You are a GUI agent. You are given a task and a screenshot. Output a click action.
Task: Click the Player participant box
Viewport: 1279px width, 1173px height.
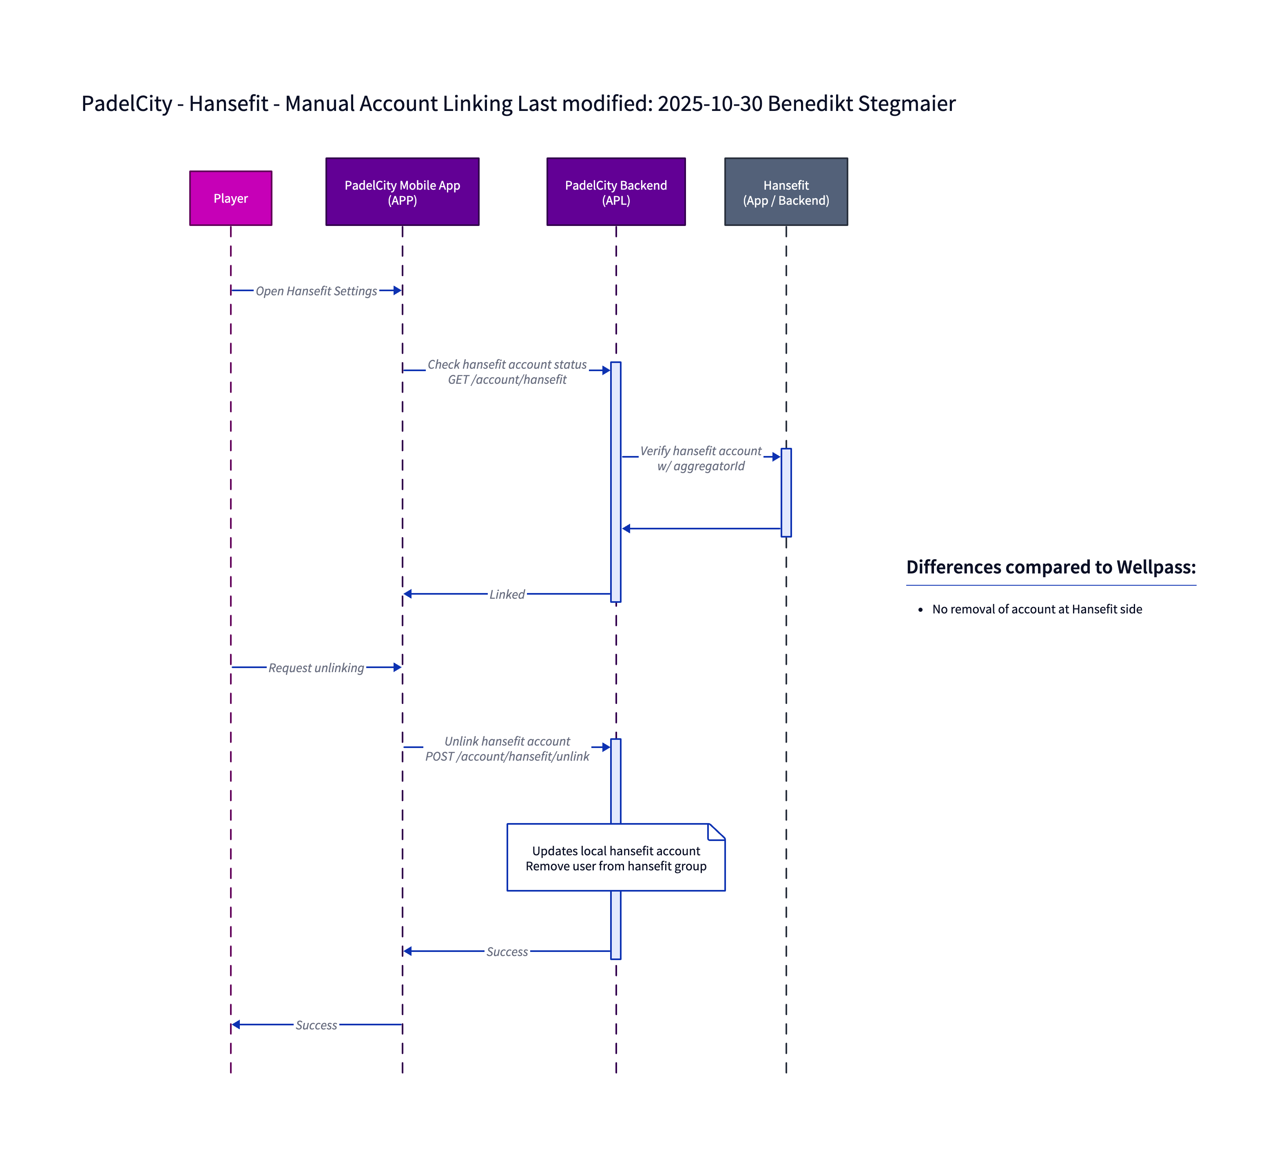pos(230,198)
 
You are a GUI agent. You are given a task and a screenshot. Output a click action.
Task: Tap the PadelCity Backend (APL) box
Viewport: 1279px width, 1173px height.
pos(616,192)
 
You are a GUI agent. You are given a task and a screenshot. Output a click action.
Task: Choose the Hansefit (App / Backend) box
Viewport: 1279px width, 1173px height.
pos(786,192)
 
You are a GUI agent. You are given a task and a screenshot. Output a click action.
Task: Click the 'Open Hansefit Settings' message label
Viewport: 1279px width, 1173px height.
pos(316,291)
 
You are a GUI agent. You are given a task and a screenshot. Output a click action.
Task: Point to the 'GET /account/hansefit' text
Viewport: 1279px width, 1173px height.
pos(507,380)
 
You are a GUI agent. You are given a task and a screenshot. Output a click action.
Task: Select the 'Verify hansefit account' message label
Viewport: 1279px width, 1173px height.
pos(700,451)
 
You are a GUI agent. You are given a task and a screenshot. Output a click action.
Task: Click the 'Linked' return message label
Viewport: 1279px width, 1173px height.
pos(507,594)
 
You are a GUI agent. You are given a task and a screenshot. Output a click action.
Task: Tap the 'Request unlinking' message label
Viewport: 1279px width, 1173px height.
pos(316,668)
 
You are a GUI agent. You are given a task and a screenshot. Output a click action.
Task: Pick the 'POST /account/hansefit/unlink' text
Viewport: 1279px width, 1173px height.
pos(507,757)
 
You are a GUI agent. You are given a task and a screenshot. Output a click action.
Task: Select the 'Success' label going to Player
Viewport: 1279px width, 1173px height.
pos(316,1025)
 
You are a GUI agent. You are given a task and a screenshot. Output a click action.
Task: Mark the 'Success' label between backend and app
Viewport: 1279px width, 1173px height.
pos(507,952)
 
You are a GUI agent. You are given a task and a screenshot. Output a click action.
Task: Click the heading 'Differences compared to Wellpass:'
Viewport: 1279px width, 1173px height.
pos(1051,567)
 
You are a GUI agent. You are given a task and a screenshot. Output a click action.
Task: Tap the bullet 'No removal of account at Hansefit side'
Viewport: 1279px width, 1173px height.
pos(1036,609)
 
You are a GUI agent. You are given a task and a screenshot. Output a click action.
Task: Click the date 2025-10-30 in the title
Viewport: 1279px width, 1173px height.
pos(710,104)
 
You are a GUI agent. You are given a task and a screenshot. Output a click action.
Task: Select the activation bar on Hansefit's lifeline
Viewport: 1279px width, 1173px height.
pos(786,493)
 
